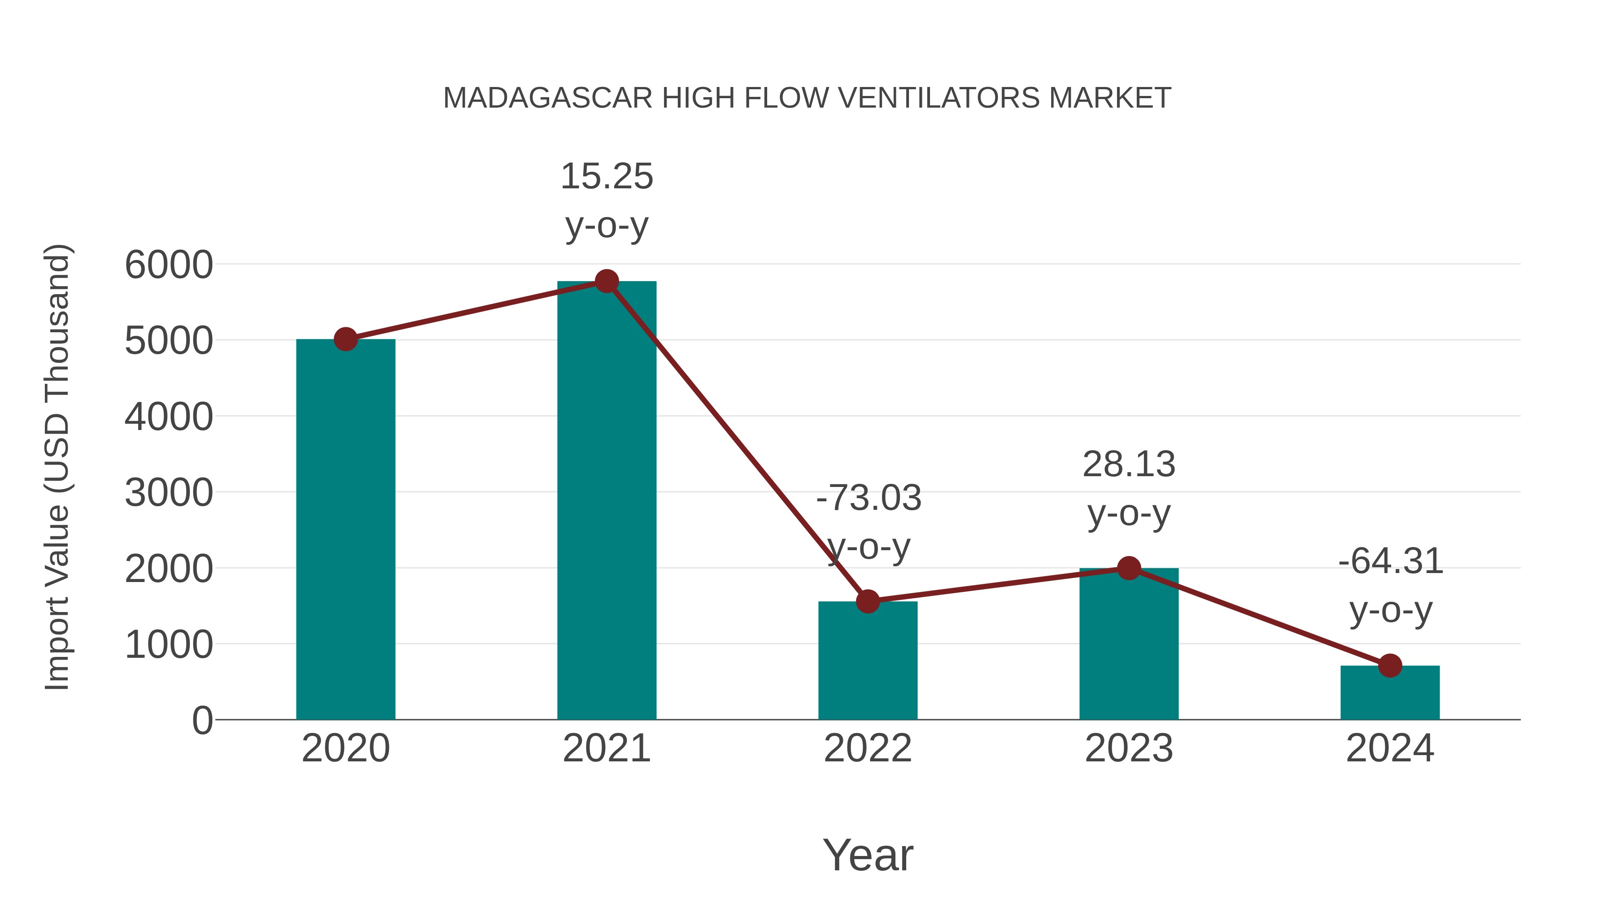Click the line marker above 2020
[x=345, y=339]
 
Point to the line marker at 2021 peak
[x=606, y=281]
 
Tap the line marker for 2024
[x=1390, y=665]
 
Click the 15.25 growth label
[x=606, y=177]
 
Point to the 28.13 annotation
[x=1129, y=465]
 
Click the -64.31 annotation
[x=1390, y=561]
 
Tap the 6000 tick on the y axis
[x=169, y=265]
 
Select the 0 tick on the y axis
[x=202, y=720]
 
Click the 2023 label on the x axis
[x=1129, y=748]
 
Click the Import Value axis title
[x=57, y=467]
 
